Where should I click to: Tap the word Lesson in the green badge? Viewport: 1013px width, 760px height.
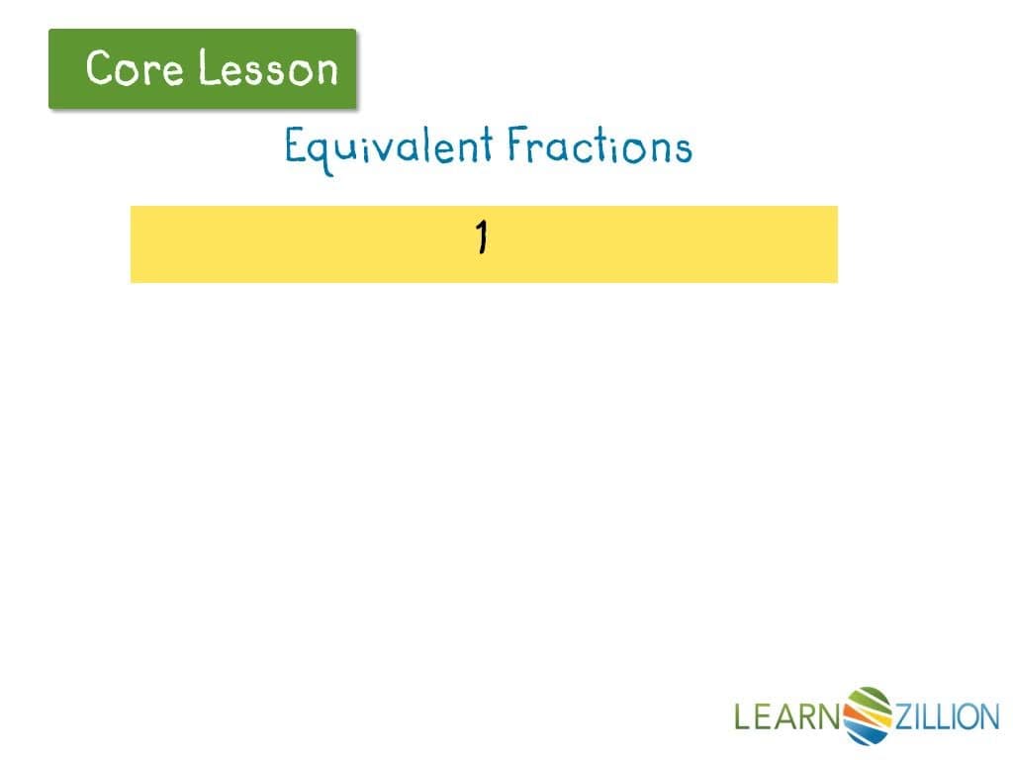[268, 68]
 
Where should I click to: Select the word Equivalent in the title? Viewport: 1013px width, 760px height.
[389, 147]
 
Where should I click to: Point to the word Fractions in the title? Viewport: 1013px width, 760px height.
[599, 147]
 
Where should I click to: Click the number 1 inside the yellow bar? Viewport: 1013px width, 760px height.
[482, 238]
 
